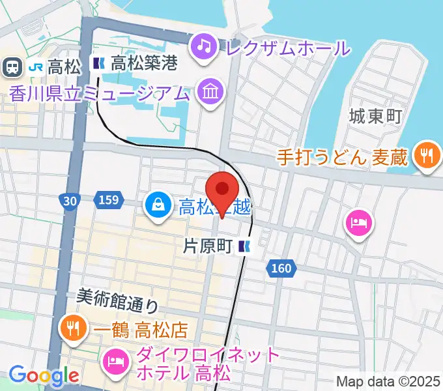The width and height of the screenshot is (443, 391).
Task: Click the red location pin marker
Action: click(x=223, y=190)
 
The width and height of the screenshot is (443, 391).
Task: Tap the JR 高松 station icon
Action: click(x=11, y=65)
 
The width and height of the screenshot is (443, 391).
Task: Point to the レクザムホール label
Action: click(x=287, y=47)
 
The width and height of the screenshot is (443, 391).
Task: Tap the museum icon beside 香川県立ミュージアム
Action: click(x=210, y=92)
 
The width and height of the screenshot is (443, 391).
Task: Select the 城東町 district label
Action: click(x=375, y=117)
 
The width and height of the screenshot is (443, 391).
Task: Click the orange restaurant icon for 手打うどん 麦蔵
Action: click(x=427, y=156)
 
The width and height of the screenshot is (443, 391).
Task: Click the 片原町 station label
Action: click(x=208, y=246)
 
